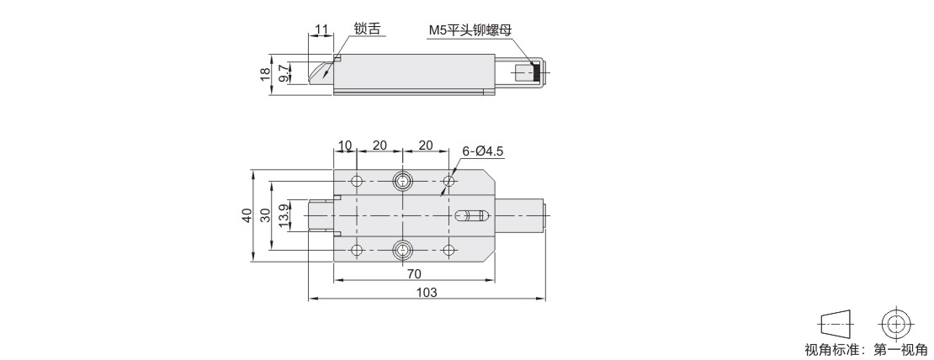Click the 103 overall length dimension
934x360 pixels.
point(427,292)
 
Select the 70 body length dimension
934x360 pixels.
point(415,273)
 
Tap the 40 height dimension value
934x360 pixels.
point(247,215)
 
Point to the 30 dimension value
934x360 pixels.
point(266,214)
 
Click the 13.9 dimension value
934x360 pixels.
point(284,214)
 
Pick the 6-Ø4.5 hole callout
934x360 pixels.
point(483,151)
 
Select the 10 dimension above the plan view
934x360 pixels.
point(345,146)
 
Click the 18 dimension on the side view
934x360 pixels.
point(265,74)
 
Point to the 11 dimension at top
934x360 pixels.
point(321,29)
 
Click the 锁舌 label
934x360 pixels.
point(367,29)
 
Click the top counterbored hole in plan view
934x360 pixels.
point(403,181)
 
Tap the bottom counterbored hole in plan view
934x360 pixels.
point(403,250)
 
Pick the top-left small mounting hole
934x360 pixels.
point(357,181)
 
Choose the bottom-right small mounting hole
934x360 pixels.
point(449,250)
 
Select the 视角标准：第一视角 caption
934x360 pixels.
point(866,350)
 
